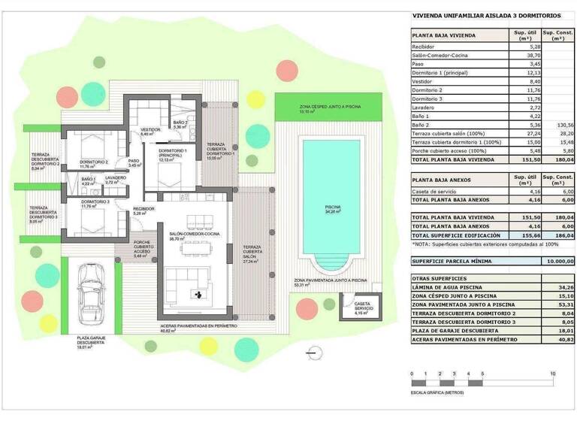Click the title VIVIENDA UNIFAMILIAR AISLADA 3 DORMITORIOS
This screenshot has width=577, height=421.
coord(486,15)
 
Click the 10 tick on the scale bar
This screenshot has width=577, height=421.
coord(553,374)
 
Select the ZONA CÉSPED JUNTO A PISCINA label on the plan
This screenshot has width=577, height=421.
coord(328,108)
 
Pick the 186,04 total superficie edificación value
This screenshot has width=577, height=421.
coord(559,235)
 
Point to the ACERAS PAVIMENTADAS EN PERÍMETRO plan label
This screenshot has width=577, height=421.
coord(200,326)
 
